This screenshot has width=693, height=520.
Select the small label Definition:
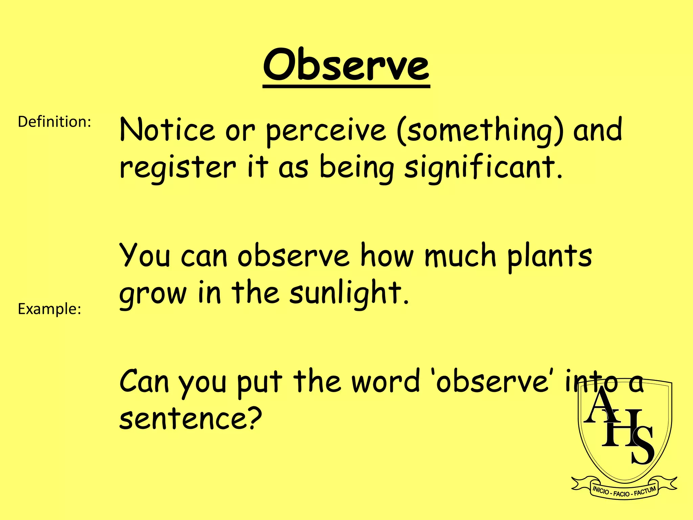coord(54,122)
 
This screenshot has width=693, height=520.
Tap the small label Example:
coord(49,309)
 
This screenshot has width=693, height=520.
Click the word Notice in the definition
coord(167,130)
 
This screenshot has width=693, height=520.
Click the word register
coord(178,168)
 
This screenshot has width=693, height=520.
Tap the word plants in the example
coord(550,257)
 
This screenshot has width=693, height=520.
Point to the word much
coord(460,256)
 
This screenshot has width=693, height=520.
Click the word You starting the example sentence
coord(145,256)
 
